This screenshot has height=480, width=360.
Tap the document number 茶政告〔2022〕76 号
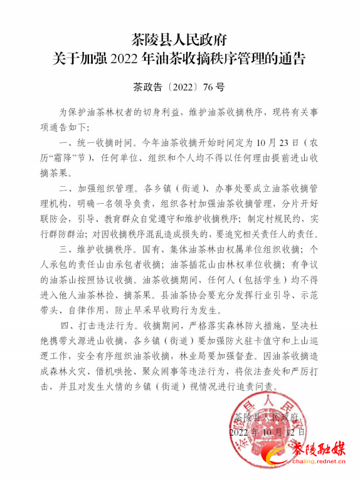click(x=179, y=86)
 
